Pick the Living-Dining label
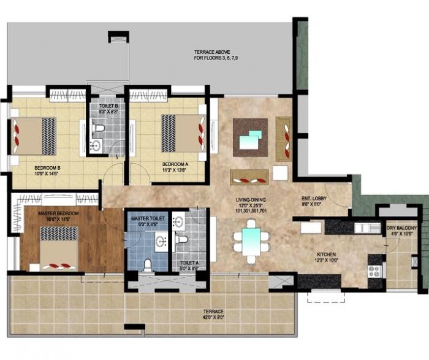point(250,204)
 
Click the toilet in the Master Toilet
point(147,264)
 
